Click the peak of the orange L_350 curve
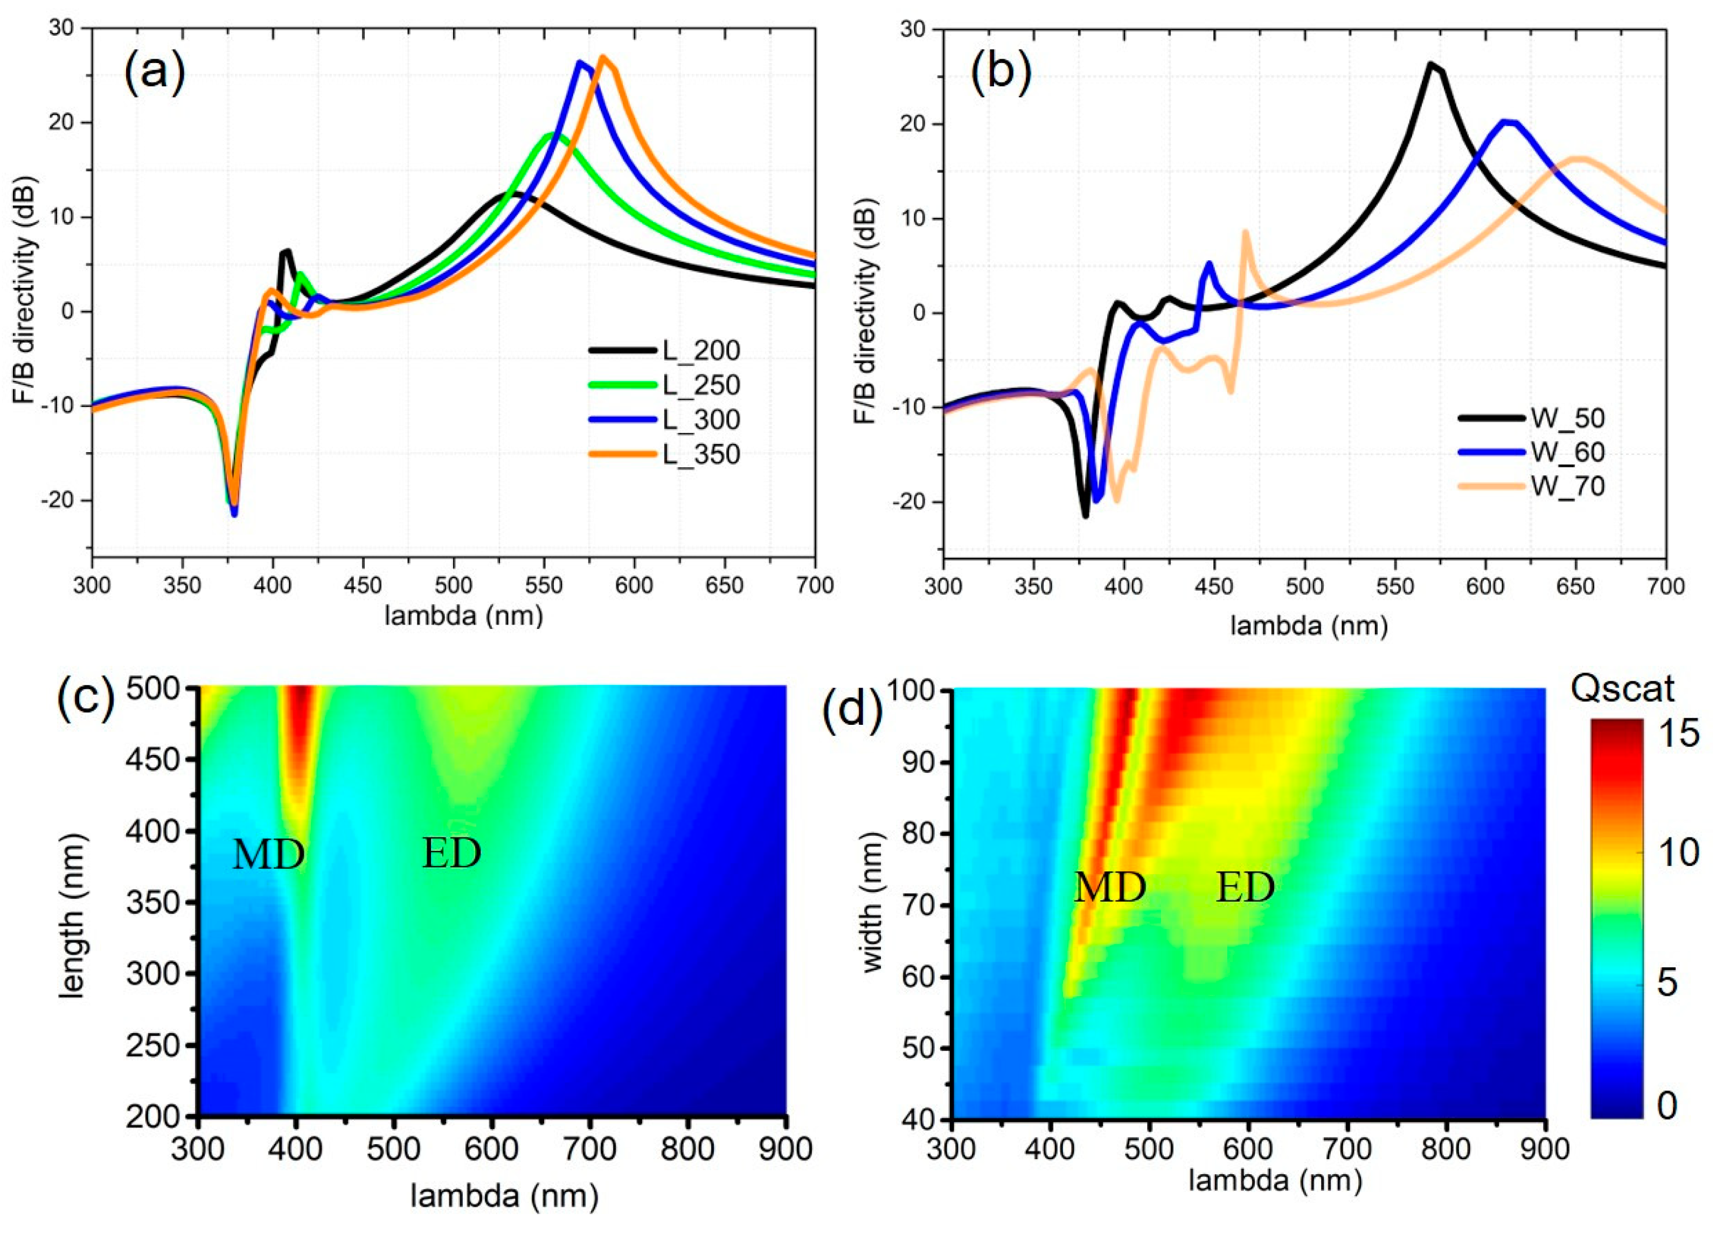[x=603, y=57]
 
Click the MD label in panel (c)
[x=269, y=855]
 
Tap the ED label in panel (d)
[x=1245, y=887]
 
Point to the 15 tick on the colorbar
[x=1680, y=733]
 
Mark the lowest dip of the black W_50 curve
[x=1085, y=516]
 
